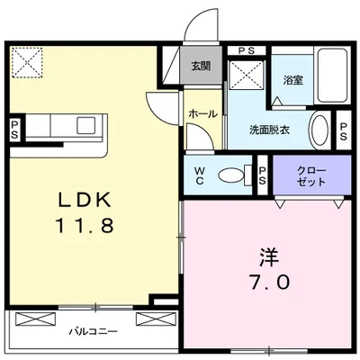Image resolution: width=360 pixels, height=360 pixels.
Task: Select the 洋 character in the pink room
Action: pyautogui.click(x=265, y=256)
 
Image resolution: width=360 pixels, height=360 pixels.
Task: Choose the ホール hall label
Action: pyautogui.click(x=200, y=115)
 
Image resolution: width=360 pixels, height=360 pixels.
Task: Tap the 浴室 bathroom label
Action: pyautogui.click(x=293, y=80)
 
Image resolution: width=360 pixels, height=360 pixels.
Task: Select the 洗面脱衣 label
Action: pyautogui.click(x=271, y=129)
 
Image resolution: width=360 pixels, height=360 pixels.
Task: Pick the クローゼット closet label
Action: pyautogui.click(x=312, y=175)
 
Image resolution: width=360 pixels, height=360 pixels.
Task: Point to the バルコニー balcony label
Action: pyautogui.click(x=94, y=332)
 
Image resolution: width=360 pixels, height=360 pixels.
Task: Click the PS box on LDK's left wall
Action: pyautogui.click(x=13, y=130)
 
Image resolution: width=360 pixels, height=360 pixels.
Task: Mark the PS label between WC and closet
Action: pyautogui.click(x=262, y=175)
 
